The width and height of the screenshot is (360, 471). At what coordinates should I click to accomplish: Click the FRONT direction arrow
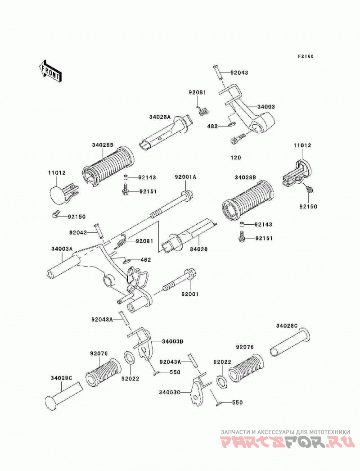tap(50, 71)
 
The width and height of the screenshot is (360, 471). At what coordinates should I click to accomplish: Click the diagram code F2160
tap(306, 56)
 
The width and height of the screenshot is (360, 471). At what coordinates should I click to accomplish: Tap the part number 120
tap(236, 158)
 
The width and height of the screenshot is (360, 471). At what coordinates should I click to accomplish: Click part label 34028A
tap(160, 117)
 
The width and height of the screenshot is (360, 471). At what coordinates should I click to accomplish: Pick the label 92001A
tap(185, 177)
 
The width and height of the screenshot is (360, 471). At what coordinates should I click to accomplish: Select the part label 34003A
tap(62, 249)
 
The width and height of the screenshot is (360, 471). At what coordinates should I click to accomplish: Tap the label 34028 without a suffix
tap(198, 249)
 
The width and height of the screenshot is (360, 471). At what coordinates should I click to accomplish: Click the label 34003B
tap(172, 341)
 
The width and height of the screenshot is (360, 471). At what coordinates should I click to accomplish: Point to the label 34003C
tap(170, 392)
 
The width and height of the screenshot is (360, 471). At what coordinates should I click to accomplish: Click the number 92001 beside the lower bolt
tap(189, 294)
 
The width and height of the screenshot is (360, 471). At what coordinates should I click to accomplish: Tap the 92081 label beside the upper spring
tap(198, 92)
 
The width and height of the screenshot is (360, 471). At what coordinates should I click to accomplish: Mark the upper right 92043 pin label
tap(239, 72)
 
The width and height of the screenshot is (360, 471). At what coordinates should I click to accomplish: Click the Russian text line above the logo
tap(285, 432)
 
